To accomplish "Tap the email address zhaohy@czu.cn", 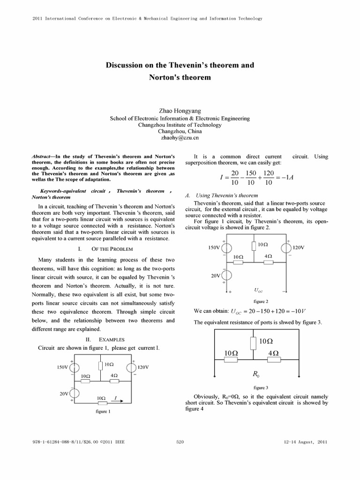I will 180,138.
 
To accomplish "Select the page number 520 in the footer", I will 180,442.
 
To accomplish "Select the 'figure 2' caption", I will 261,301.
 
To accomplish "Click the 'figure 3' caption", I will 261,388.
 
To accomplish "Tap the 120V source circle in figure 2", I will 286,247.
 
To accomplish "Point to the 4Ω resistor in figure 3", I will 274,359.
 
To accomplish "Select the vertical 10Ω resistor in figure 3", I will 253,343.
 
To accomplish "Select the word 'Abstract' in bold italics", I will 43,157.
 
